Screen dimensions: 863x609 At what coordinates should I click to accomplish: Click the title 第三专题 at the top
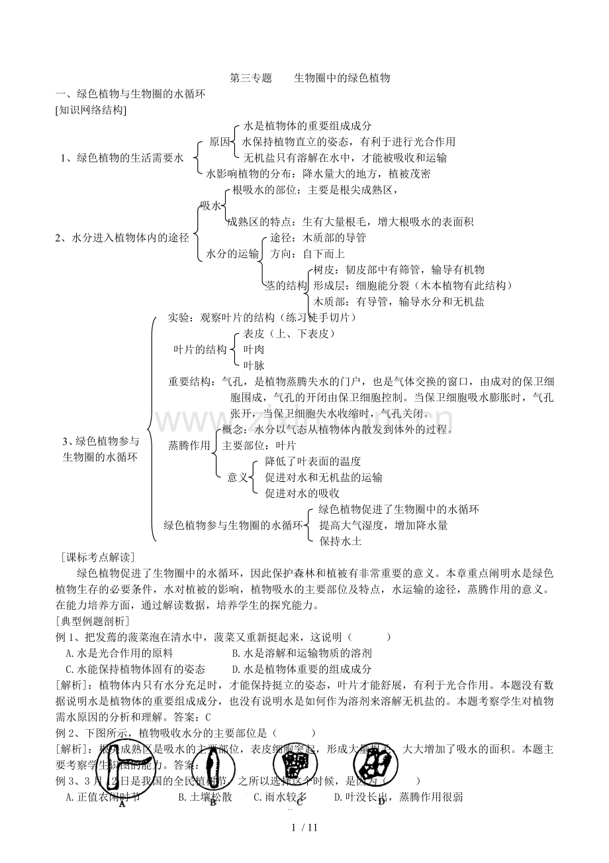250,78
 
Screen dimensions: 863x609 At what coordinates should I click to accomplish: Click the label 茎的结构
286,286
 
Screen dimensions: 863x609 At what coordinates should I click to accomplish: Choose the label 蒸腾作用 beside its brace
189,445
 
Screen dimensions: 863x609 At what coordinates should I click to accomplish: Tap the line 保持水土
340,541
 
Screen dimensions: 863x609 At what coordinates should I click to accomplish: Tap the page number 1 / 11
304,827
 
